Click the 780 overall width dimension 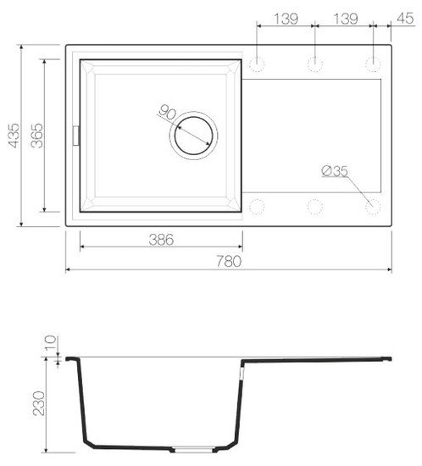tap(229, 261)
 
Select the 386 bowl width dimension tap(161, 240)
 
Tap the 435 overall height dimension tap(14, 136)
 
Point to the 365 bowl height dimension tap(37, 136)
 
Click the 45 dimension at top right tap(405, 18)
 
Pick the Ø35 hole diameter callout tap(335, 171)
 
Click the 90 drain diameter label tap(168, 113)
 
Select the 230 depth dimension tap(39, 403)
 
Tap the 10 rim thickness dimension tap(50, 342)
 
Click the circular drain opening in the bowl tap(194, 136)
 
